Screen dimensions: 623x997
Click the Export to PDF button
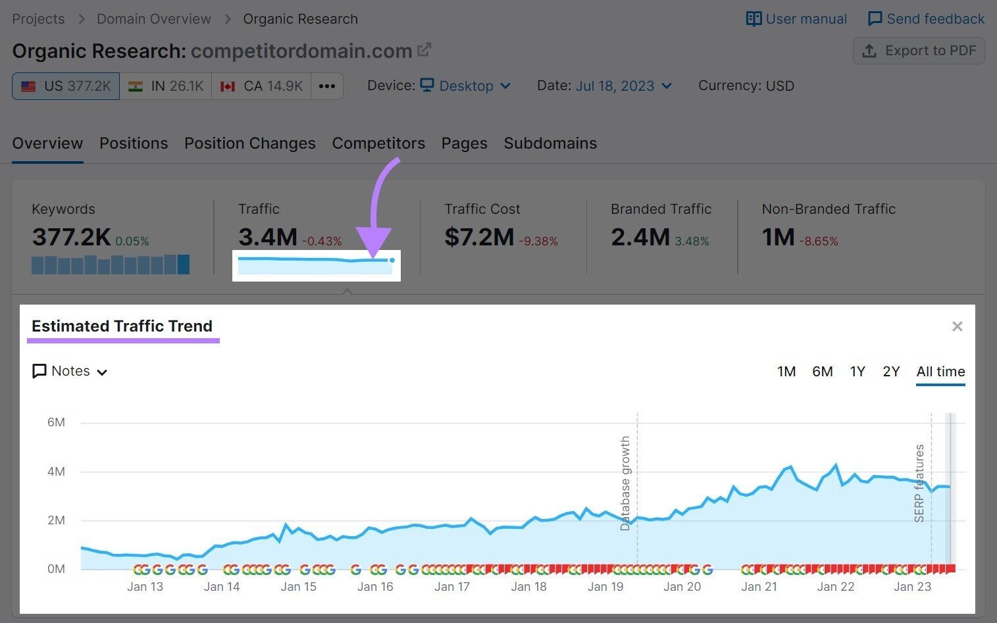pos(919,51)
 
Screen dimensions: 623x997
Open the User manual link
pos(796,19)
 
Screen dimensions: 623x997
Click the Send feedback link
pos(926,19)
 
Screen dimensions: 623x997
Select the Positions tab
pos(134,143)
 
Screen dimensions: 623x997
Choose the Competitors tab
pos(378,143)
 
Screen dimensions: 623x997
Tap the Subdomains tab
pos(550,143)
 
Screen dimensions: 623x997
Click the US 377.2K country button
pos(66,86)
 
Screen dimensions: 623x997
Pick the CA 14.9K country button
pos(261,86)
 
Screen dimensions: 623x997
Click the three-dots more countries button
pos(327,86)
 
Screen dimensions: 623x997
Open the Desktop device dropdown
pos(466,86)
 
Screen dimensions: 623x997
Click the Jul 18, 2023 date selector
pos(623,86)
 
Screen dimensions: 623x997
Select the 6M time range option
pos(822,372)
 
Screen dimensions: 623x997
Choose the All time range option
pos(940,372)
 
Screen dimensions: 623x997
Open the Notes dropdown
pos(70,371)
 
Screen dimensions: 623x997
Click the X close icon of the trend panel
pos(958,326)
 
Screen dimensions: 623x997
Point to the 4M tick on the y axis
pos(56,472)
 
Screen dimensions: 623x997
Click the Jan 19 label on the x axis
pos(605,587)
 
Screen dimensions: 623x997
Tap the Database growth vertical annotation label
pos(625,483)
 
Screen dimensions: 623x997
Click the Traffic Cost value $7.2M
pos(479,237)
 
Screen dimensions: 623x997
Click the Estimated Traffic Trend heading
pos(122,326)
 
